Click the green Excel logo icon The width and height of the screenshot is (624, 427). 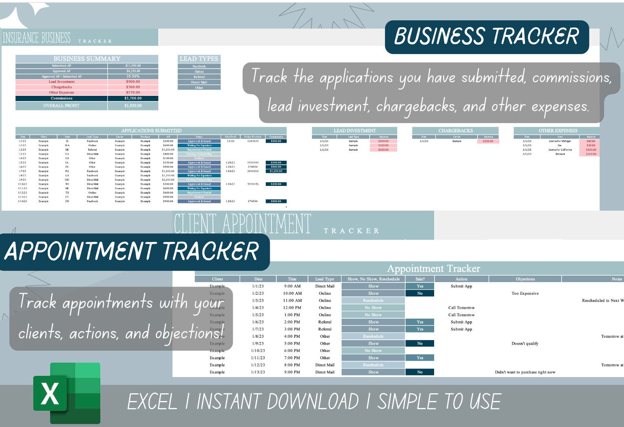[67, 393]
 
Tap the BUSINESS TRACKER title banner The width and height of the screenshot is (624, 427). [486, 37]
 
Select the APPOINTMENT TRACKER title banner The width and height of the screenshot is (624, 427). [132, 251]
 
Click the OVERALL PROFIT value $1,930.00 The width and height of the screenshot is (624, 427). [133, 106]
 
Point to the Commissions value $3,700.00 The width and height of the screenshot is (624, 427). [133, 98]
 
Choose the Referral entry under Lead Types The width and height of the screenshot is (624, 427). [199, 77]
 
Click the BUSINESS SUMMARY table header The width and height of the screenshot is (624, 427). [87, 59]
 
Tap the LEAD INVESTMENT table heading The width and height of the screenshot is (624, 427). [355, 131]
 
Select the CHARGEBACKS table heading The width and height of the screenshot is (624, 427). [456, 131]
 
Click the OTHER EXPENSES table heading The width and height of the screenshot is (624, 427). [558, 131]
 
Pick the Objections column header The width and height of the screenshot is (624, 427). [525, 279]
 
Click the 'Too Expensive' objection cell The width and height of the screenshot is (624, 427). [525, 293]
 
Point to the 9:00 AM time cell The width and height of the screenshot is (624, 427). [292, 286]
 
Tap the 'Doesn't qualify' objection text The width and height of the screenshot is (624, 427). [525, 343]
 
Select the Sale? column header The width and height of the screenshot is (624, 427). [420, 279]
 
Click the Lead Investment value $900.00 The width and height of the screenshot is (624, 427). [133, 82]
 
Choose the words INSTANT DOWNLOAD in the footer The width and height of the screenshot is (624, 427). [278, 402]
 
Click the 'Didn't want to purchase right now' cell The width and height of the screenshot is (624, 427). [525, 372]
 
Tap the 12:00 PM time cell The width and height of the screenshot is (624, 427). [292, 308]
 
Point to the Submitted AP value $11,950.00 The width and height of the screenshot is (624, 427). [133, 66]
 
